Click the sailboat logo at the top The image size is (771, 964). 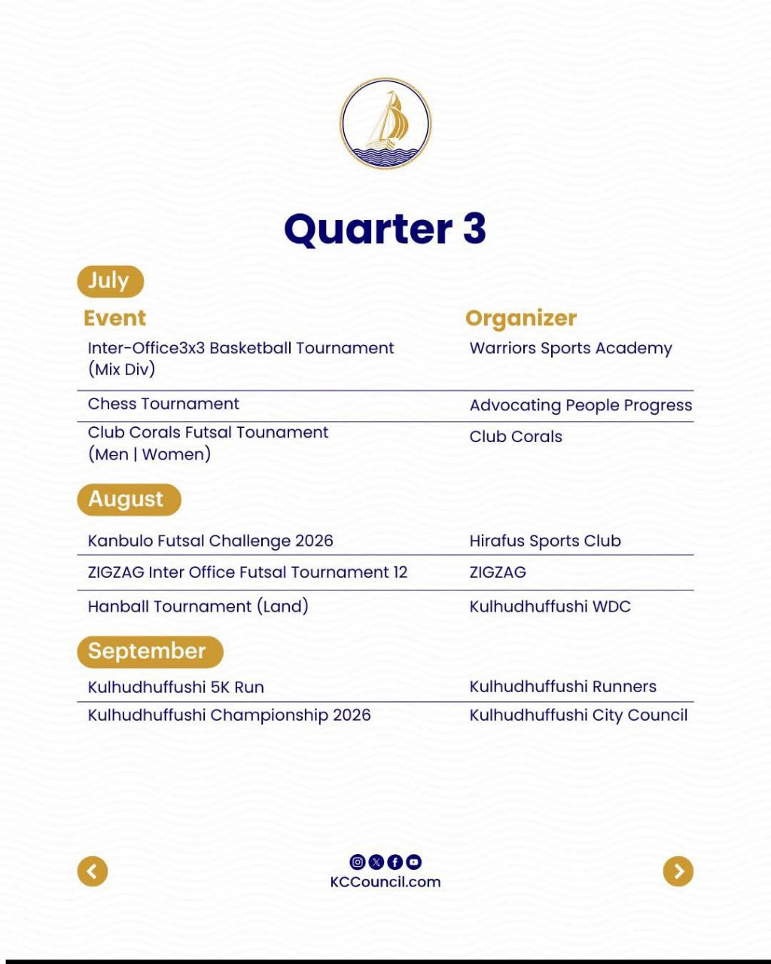[x=385, y=124]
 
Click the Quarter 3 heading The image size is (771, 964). [x=385, y=229]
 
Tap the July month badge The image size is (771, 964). [x=109, y=281]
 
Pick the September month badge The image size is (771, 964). [x=149, y=651]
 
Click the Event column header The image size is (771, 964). [x=114, y=318]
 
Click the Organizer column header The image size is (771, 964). [x=521, y=318]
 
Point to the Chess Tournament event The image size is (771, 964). [x=163, y=404]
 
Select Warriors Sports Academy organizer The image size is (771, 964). [x=571, y=348]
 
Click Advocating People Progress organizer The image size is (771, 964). [x=581, y=405]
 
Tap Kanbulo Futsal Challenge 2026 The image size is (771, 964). [x=210, y=541]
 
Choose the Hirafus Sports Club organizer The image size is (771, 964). [x=545, y=541]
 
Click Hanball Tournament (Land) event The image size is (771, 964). [x=198, y=606]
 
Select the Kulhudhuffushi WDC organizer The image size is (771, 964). [x=550, y=606]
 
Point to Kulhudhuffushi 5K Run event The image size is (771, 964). [x=175, y=687]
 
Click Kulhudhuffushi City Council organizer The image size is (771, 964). [x=578, y=715]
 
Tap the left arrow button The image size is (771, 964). [x=93, y=871]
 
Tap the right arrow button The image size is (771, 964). [x=678, y=871]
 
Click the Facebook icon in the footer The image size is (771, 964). [x=395, y=862]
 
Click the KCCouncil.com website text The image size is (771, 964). [x=385, y=882]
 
